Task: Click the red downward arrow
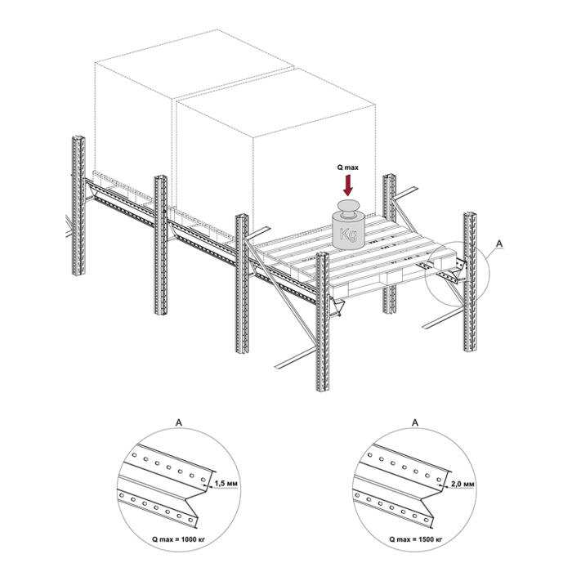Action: tap(348, 185)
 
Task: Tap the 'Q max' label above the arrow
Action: tap(347, 168)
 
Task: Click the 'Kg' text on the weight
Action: tap(348, 235)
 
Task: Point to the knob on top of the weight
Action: tap(348, 207)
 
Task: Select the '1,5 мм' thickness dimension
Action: tap(226, 484)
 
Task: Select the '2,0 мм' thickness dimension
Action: tap(463, 484)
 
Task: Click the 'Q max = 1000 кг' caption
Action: tap(179, 538)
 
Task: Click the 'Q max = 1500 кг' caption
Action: tap(415, 538)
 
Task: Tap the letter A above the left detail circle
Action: tap(179, 422)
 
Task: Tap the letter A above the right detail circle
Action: tap(415, 422)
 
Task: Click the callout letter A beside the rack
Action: tap(499, 244)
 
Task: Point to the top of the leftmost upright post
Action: tap(78, 138)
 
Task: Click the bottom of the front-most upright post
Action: tap(323, 390)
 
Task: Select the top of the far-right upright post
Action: tap(470, 214)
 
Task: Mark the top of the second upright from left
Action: tap(160, 177)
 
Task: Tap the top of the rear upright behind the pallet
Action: tap(390, 177)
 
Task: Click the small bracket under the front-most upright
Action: tap(337, 306)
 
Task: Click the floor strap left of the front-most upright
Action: tap(296, 358)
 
